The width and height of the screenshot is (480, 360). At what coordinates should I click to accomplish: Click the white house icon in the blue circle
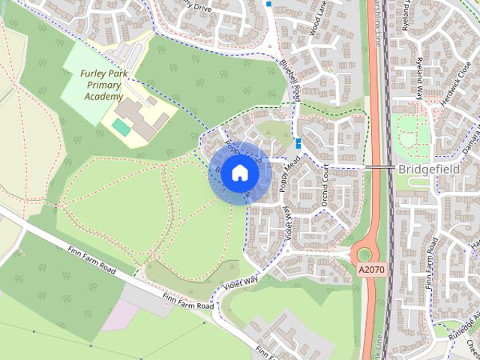[239, 172]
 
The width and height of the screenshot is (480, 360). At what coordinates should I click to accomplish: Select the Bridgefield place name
[438, 169]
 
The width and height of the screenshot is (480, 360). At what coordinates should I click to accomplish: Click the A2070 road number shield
[370, 269]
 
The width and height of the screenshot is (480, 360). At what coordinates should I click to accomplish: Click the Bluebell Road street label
[291, 82]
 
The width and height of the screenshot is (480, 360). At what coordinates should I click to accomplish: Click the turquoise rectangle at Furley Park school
[121, 127]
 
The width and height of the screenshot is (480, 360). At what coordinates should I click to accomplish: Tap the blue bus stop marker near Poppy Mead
[299, 143]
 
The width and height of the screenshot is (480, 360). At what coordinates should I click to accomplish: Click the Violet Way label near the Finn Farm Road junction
[239, 283]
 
